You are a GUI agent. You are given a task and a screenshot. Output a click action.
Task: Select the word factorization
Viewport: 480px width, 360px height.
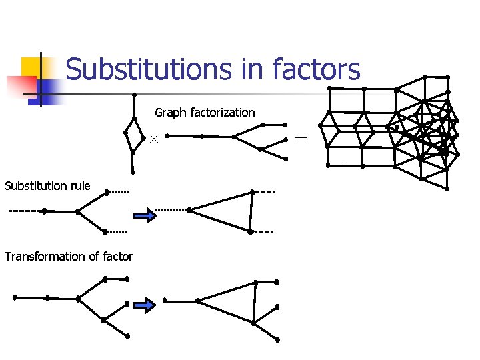coord(223,113)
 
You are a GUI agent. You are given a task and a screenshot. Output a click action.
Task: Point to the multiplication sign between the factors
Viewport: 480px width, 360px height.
coord(153,138)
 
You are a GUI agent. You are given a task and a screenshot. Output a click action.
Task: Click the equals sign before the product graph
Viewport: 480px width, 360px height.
coord(302,139)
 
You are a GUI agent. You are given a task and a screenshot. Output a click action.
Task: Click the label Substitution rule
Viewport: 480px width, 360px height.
coord(47,185)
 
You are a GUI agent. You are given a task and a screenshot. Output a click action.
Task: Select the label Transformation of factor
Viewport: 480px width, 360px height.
coord(69,257)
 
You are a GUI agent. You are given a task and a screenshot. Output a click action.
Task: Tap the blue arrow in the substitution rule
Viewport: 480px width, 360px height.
coord(144,215)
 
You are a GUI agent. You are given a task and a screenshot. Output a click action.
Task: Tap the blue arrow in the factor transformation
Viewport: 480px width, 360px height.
coord(144,305)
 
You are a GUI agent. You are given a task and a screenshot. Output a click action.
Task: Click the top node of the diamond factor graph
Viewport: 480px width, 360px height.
coord(134,95)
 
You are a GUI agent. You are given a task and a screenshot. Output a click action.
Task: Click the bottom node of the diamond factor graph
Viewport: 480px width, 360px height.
coord(133,172)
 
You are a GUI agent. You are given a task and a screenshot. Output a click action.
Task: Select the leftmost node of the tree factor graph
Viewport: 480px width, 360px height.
coord(167,136)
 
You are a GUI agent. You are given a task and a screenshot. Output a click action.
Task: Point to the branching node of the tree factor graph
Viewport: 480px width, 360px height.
coord(233,137)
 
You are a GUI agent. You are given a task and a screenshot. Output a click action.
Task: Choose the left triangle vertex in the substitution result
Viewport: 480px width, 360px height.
coord(189,210)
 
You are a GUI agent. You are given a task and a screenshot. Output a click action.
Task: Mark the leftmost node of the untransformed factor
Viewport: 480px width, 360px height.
coord(15,297)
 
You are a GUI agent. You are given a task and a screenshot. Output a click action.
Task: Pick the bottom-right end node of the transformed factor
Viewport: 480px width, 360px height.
coord(277,339)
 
